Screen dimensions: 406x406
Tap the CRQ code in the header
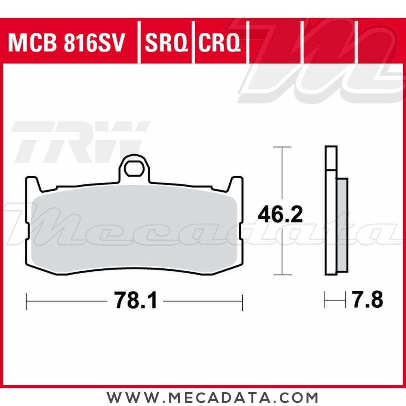pyautogui.click(x=219, y=43)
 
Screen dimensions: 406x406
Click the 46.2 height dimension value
pyautogui.click(x=281, y=214)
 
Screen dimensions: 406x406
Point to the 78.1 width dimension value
pyautogui.click(x=136, y=301)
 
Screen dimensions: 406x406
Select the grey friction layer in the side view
pyautogui.click(x=343, y=225)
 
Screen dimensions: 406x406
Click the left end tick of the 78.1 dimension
pyautogui.click(x=26, y=301)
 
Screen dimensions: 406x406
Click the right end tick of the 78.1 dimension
pyautogui.click(x=242, y=301)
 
